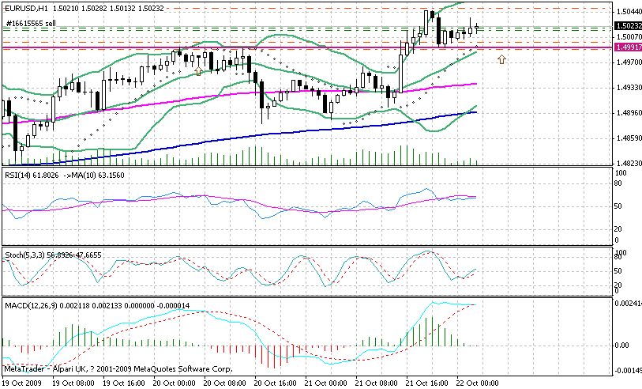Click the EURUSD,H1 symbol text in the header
tap(24, 8)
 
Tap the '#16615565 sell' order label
tap(31, 24)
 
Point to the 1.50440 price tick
tap(629, 11)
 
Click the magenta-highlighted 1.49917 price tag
tap(629, 48)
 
